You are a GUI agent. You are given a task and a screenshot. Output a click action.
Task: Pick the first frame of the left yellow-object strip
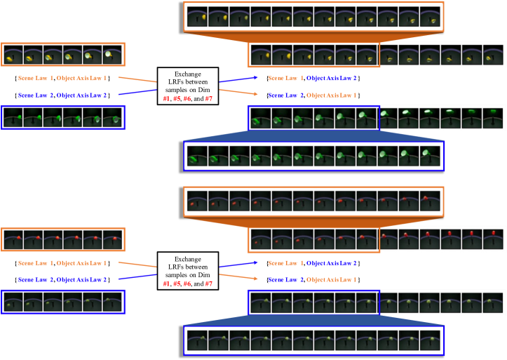pyautogui.click(x=13, y=55)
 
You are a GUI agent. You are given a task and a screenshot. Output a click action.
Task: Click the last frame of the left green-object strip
pyautogui.click(x=112, y=117)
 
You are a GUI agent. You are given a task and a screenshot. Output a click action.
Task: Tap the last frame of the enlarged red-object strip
pyautogui.click(x=429, y=201)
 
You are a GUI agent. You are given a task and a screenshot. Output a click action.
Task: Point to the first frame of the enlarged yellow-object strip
pyautogui.click(x=197, y=17)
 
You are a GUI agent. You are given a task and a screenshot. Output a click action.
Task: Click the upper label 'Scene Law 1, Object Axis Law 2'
pyautogui.click(x=313, y=79)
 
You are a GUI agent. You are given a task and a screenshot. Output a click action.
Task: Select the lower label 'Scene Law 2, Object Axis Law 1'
pyautogui.click(x=313, y=279)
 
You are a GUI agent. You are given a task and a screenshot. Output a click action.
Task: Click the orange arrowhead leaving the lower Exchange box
pyautogui.click(x=260, y=279)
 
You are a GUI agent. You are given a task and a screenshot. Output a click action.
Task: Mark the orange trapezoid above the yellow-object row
pyautogui.click(x=313, y=36)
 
